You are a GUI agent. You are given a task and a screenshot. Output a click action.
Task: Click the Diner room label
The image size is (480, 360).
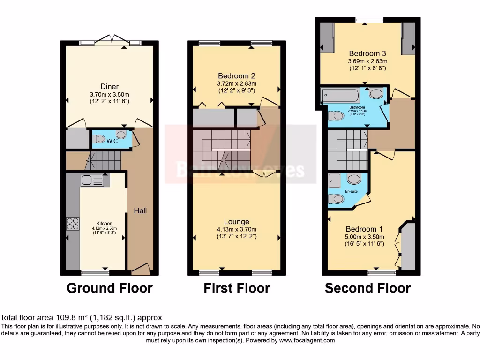pyautogui.click(x=109, y=86)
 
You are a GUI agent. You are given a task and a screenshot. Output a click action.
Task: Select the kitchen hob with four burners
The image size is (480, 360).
pyautogui.click(x=73, y=224)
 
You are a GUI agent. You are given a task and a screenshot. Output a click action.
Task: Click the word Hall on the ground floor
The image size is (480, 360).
pyautogui.click(x=140, y=210)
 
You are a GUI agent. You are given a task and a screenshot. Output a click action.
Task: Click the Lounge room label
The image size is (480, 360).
pyautogui.click(x=236, y=221)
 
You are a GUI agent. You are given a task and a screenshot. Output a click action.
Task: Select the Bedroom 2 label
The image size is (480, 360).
pyautogui.click(x=236, y=76)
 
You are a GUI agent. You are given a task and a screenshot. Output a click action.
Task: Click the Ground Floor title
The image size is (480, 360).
pyautogui.click(x=110, y=288)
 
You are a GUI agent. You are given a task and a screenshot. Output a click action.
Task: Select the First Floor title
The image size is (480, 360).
pyautogui.click(x=236, y=288)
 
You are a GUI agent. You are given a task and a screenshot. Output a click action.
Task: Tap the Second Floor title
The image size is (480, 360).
pyautogui.click(x=367, y=288)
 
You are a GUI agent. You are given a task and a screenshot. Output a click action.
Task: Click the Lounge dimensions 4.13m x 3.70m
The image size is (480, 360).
pyautogui.click(x=236, y=229)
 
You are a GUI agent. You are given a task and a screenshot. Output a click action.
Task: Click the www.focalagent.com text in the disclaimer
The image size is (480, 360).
pyautogui.click(x=307, y=340)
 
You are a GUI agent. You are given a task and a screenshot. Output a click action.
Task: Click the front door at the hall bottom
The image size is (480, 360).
pyautogui.click(x=140, y=268)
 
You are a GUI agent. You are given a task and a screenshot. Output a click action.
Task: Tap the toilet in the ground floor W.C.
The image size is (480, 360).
pyautogui.click(x=99, y=139)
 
